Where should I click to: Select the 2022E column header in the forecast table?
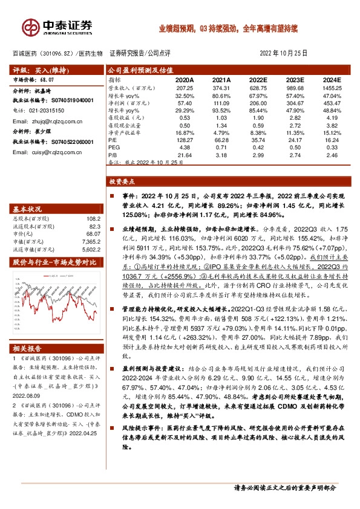click(258, 79)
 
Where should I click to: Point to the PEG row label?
click(114, 146)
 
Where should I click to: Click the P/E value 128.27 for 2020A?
click(185, 138)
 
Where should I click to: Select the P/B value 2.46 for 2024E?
click(332, 154)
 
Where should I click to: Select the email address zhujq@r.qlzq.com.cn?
click(44, 120)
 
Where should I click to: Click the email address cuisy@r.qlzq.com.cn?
click(44, 155)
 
